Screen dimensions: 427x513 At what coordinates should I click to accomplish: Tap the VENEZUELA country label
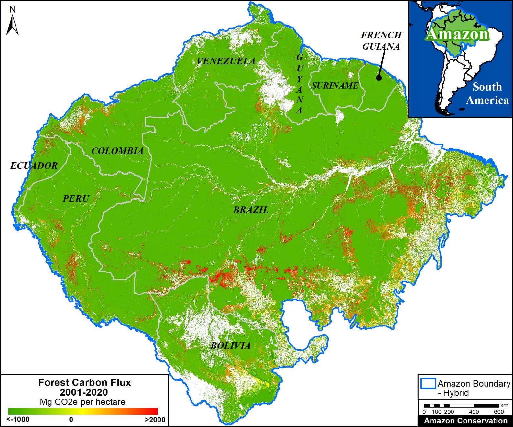click(226, 61)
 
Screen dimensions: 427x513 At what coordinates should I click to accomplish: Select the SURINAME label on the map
click(335, 86)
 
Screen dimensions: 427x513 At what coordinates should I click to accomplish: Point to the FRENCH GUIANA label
click(381, 41)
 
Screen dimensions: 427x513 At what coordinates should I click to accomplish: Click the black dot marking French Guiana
click(379, 78)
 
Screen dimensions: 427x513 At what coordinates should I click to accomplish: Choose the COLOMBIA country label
click(117, 151)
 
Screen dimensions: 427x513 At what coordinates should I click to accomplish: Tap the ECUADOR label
click(34, 166)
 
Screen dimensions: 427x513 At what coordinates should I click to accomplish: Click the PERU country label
click(76, 198)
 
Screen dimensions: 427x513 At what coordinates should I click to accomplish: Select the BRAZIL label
click(251, 210)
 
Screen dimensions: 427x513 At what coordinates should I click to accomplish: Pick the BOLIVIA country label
click(231, 346)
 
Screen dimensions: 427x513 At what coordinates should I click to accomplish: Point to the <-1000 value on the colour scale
click(18, 420)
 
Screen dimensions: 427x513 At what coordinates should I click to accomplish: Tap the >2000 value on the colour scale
click(155, 420)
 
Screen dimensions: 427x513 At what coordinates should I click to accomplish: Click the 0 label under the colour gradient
click(71, 420)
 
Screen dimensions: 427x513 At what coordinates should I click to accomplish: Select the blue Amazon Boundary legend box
click(428, 383)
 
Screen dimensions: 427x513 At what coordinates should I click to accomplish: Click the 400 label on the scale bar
click(474, 412)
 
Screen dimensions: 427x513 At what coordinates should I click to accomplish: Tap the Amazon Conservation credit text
click(466, 421)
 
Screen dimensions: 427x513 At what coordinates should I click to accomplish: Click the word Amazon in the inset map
click(457, 34)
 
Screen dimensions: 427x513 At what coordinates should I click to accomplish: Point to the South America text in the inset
click(487, 93)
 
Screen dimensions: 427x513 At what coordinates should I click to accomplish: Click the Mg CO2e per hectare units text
click(82, 402)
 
